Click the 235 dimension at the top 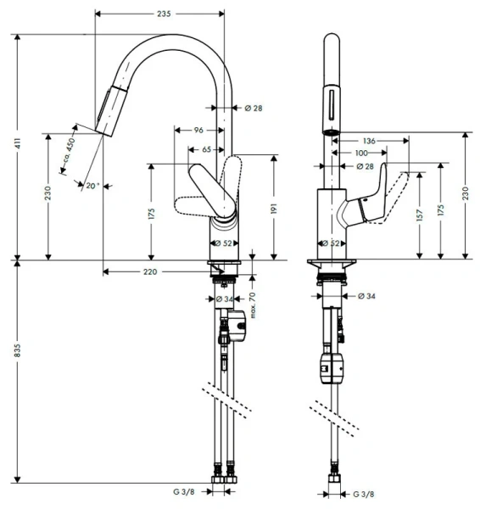pyautogui.click(x=164, y=14)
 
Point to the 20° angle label pyautogui.click(x=92, y=186)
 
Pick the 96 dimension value pyautogui.click(x=198, y=130)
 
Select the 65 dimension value pyautogui.click(x=206, y=149)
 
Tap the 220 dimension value pyautogui.click(x=149, y=271)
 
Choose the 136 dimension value pyautogui.click(x=369, y=141)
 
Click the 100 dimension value pyautogui.click(x=361, y=154)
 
